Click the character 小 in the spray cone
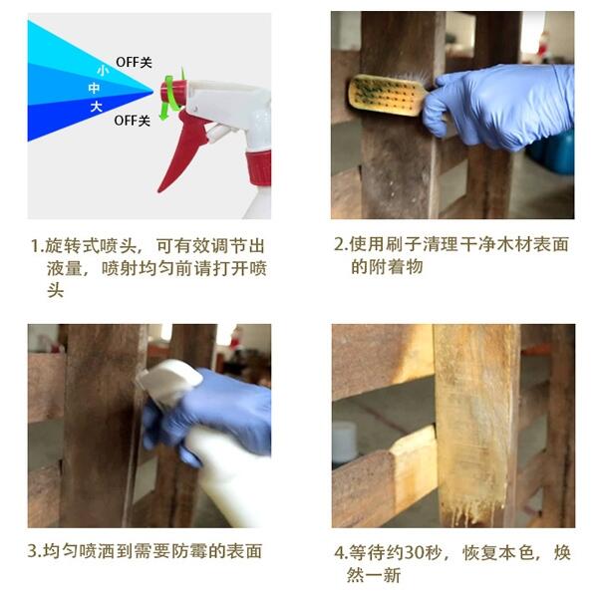point(103,71)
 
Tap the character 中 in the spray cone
point(94,89)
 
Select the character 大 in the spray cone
point(97,107)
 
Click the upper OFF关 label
point(134,62)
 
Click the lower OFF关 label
point(132,121)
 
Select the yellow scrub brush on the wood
point(387,96)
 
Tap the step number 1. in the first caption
point(38,246)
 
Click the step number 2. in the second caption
point(341,244)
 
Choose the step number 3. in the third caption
point(35,551)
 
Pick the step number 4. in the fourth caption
point(341,552)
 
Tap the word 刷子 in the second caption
point(403,244)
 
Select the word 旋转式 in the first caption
point(72,246)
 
